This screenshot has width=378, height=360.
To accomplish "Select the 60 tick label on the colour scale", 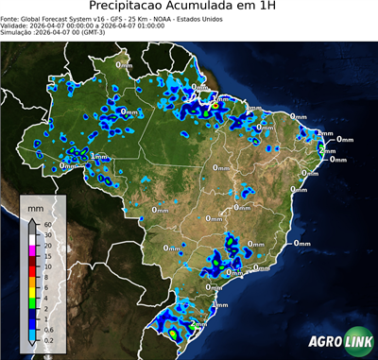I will tap(48, 224).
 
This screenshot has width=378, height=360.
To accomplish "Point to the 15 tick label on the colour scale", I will tap(48, 256).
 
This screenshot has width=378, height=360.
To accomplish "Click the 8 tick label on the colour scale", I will tap(47, 278).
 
